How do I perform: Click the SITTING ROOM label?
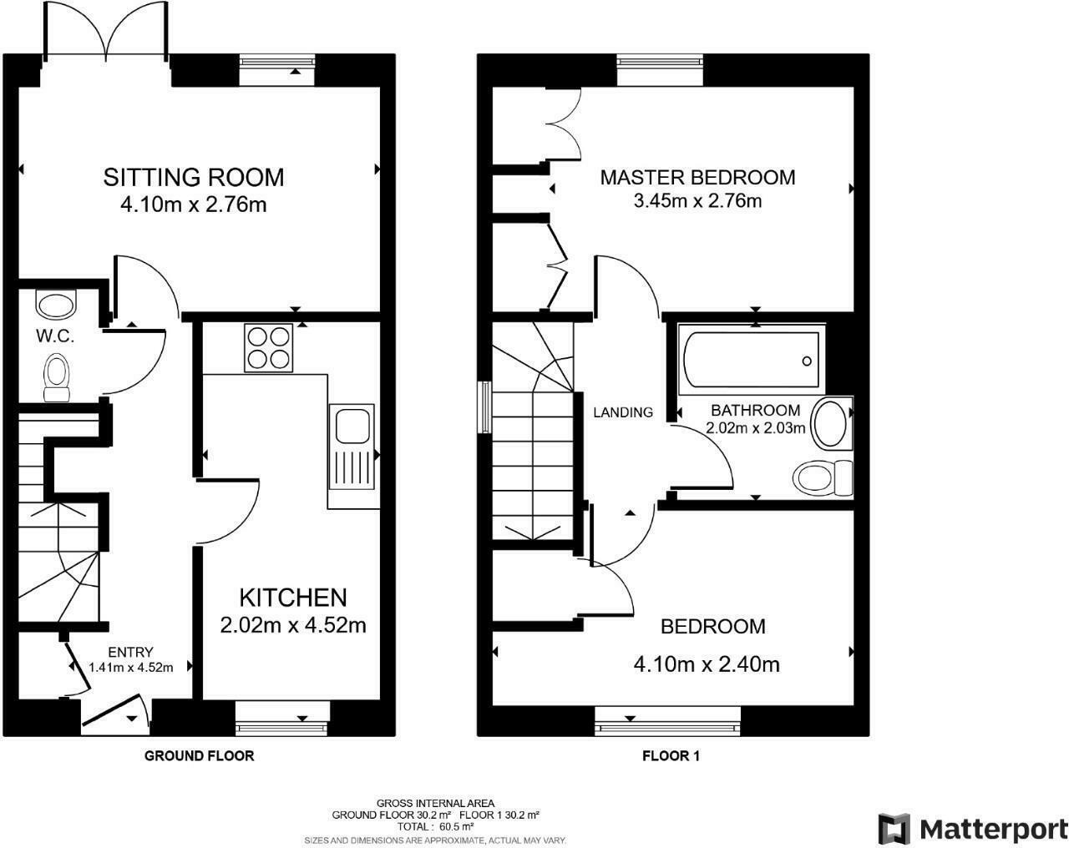(194, 177)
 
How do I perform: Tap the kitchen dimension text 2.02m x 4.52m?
(292, 624)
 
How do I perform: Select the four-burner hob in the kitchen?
(269, 347)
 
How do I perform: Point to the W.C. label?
(55, 337)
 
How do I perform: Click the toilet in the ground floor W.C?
(57, 378)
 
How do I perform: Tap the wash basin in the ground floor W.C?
(56, 305)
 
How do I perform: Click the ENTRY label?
(129, 652)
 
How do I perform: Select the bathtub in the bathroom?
(752, 361)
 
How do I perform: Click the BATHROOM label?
(755, 411)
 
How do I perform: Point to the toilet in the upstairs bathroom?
(822, 478)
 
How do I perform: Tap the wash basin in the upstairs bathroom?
(831, 424)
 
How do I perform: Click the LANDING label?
(623, 412)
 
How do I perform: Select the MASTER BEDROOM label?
(697, 177)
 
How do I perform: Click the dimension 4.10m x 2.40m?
(707, 664)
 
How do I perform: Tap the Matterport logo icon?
(894, 829)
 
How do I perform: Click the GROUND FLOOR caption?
(199, 756)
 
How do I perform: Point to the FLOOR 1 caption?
(671, 756)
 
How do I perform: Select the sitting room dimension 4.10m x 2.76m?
(194, 204)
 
